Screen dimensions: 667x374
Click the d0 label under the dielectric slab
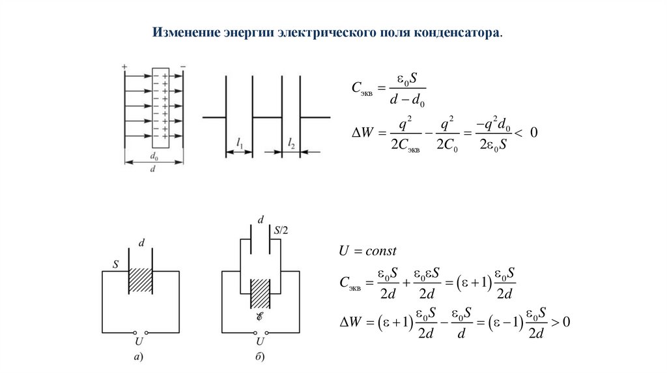[154, 156]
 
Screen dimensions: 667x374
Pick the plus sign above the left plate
[124, 66]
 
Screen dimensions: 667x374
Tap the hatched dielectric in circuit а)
[140, 281]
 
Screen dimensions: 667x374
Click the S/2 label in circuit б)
[282, 229]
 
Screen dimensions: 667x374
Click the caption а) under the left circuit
[139, 356]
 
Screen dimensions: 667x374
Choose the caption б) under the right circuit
[261, 356]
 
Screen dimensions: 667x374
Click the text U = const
[367, 251]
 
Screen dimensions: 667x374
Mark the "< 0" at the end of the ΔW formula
[526, 133]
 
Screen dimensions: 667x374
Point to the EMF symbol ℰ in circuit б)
[261, 319]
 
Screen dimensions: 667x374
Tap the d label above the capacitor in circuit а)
[141, 243]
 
